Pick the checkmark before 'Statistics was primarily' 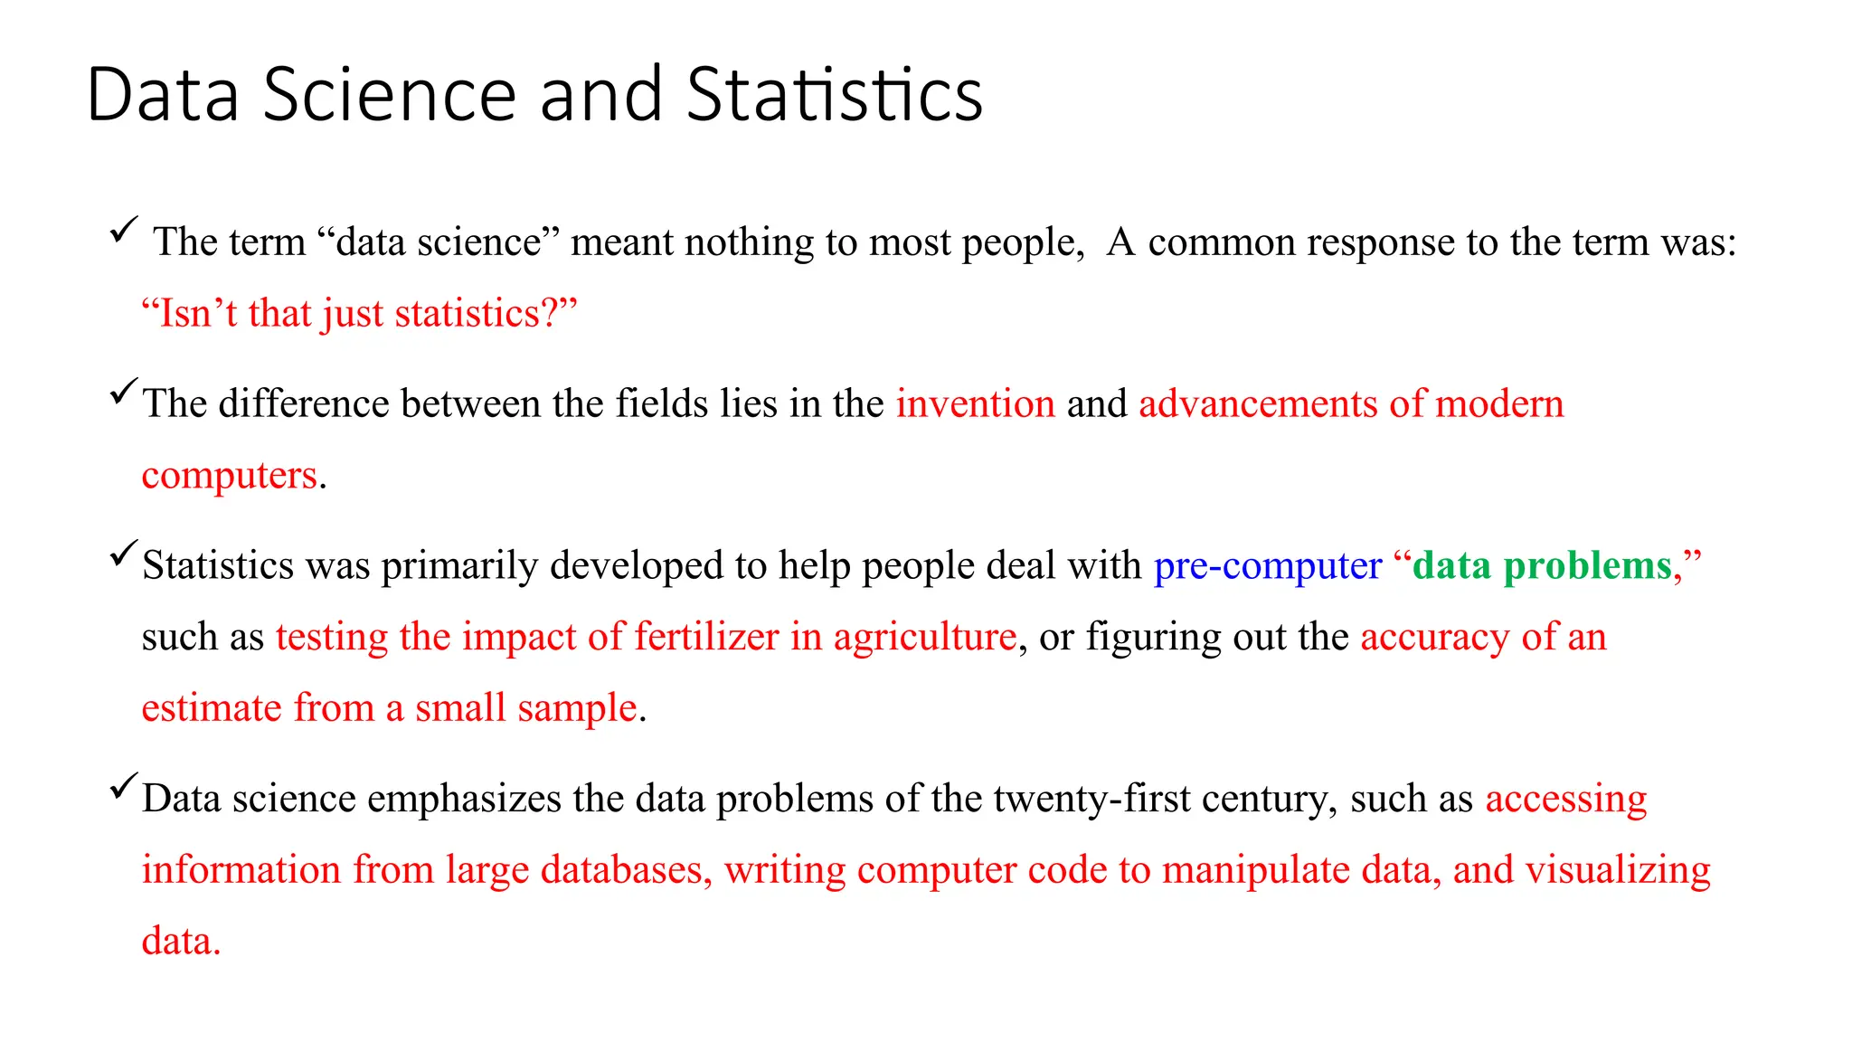[124, 554]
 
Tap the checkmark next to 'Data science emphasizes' [124, 786]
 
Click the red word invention [975, 403]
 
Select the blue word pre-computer [1267, 565]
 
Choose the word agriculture [924, 637]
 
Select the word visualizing [1618, 870]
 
